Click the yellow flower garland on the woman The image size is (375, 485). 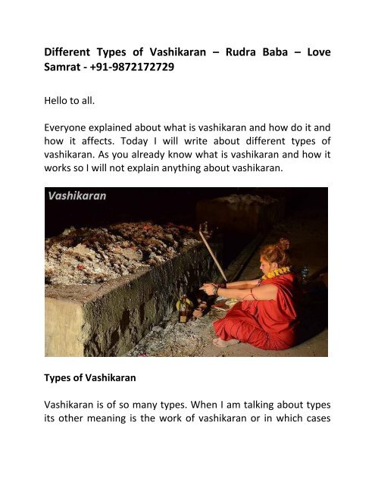tap(279, 271)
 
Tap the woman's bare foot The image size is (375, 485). tap(226, 341)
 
